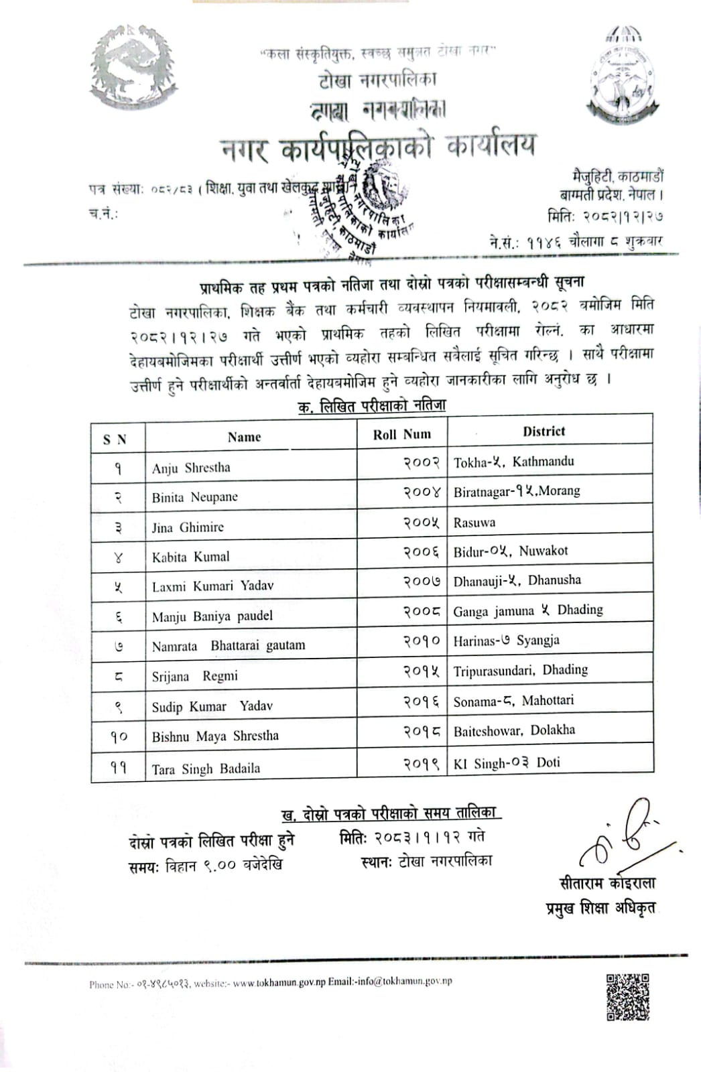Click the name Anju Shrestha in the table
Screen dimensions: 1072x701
point(191,468)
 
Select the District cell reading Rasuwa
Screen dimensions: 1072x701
point(474,522)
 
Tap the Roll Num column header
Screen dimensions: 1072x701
point(402,434)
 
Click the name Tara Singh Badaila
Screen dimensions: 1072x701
point(206,768)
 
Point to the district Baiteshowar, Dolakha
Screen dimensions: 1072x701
point(514,730)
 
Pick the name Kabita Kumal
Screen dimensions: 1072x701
point(190,556)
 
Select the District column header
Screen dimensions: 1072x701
point(544,431)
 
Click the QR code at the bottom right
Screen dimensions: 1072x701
point(628,997)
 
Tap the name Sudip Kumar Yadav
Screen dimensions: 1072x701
point(212,706)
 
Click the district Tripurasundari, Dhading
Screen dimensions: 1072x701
point(520,670)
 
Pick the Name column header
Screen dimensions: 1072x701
point(244,438)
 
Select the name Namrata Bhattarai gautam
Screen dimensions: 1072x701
point(228,646)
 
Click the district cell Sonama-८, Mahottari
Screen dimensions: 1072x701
point(513,700)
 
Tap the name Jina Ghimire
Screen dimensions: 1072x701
point(188,527)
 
